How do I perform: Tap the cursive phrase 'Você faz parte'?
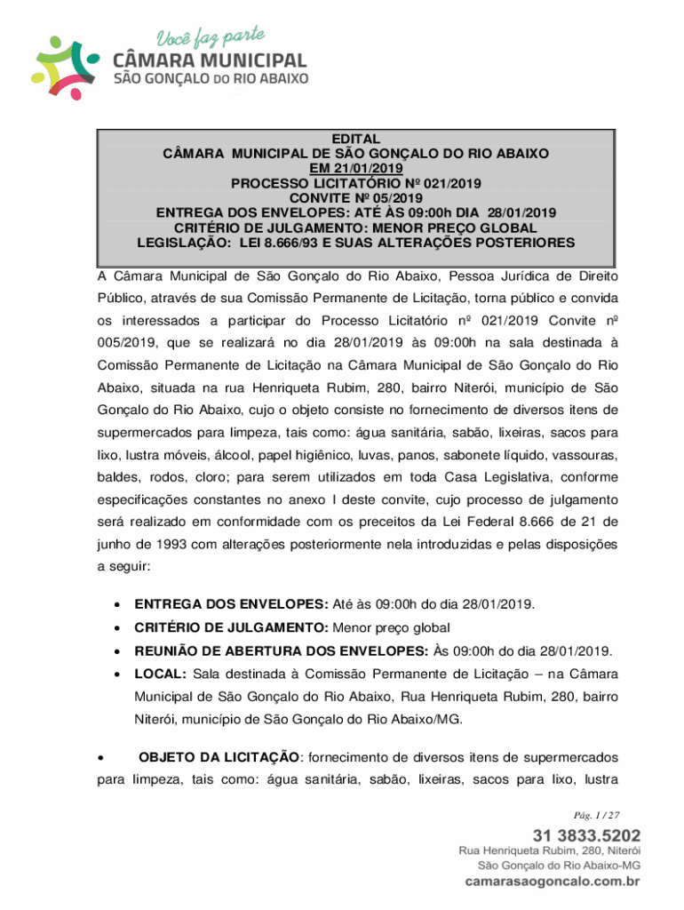tap(211, 38)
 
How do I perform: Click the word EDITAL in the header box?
tap(355, 140)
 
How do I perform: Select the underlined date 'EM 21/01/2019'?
tap(355, 168)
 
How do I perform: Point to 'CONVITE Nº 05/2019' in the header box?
tap(355, 197)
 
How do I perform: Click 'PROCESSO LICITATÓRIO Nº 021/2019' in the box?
tap(355, 183)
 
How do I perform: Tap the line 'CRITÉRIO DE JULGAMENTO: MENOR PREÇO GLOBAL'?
tap(355, 227)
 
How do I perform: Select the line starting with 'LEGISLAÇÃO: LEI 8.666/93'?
tap(355, 242)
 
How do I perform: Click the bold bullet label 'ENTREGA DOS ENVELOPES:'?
tap(232, 604)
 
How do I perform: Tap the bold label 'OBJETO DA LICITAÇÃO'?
tap(219, 757)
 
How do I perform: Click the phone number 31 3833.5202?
tap(585, 835)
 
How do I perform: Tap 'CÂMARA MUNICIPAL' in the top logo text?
tap(211, 61)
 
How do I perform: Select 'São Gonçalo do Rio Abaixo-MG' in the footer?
tap(559, 865)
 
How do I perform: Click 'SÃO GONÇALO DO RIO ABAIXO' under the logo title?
tap(211, 79)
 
